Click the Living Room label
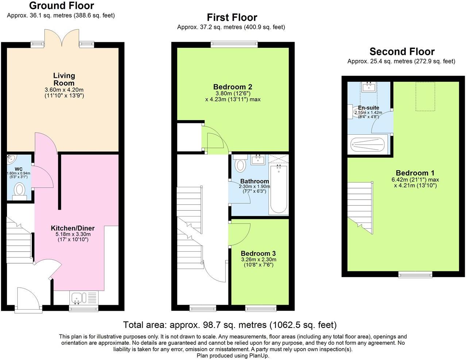(x=64, y=79)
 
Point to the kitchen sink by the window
(x=78, y=298)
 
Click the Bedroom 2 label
(x=232, y=87)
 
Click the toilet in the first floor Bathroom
(x=240, y=164)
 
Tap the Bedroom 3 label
(x=258, y=253)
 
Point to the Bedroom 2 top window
(x=234, y=45)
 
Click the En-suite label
(x=368, y=108)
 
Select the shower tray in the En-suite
(x=368, y=145)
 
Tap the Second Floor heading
(x=402, y=51)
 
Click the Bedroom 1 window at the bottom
(x=415, y=275)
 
